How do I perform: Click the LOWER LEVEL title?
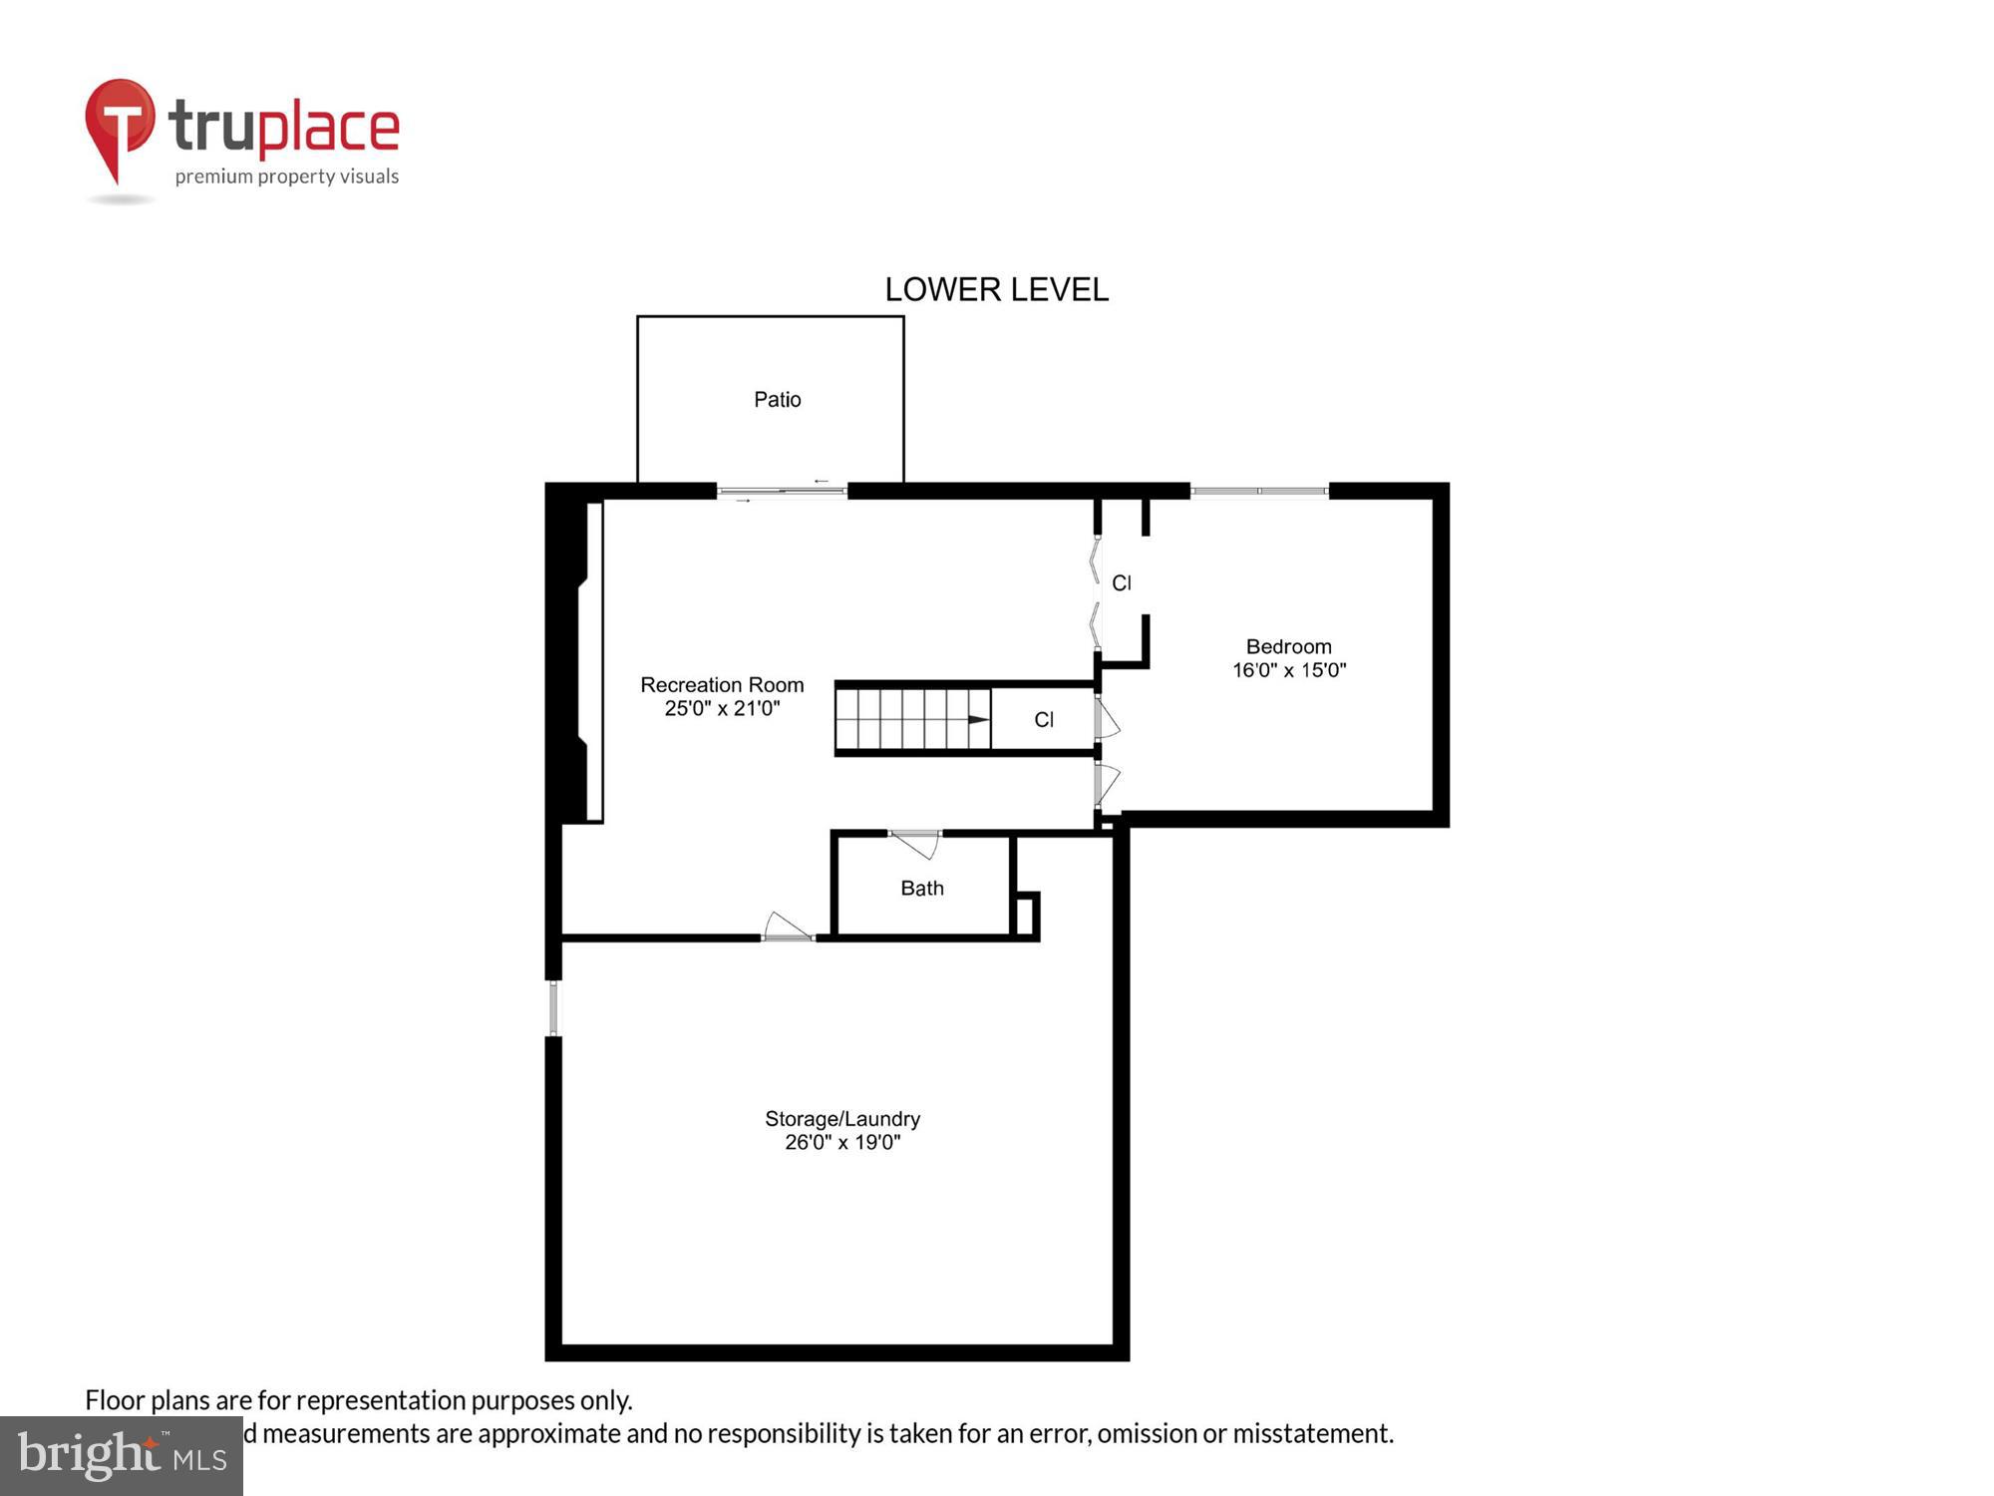pos(996,289)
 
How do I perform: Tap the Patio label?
pos(777,400)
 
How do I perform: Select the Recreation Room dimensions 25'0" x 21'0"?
pos(722,709)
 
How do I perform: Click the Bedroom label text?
pos(1288,646)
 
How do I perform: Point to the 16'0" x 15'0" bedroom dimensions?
pos(1288,670)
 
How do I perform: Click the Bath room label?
pos(921,888)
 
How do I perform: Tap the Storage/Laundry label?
pos(842,1119)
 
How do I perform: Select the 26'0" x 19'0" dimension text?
pos(842,1143)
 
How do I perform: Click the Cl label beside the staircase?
pos(1044,720)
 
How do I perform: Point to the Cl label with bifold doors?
pos(1121,583)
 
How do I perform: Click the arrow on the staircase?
pos(977,719)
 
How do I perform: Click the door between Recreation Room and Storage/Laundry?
pos(788,929)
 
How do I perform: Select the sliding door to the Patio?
pos(782,491)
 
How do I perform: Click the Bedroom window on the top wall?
pos(1259,491)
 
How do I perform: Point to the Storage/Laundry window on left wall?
pos(554,1008)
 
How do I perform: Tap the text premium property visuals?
pos(287,178)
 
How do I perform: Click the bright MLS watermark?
pos(122,1456)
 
